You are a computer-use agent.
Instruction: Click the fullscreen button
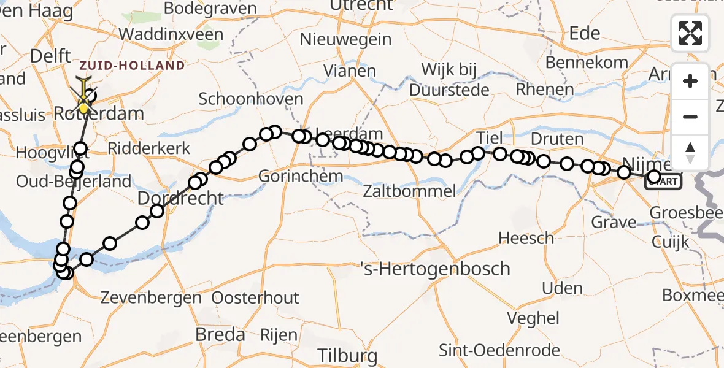[x=690, y=33]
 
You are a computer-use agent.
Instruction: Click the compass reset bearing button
[x=690, y=152]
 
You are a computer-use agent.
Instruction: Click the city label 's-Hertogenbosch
[x=436, y=269]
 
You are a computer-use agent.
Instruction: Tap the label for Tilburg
[x=347, y=356]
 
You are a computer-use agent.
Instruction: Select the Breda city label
[x=220, y=335]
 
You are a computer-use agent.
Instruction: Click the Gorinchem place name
[x=300, y=177]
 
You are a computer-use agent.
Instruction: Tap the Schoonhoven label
[x=251, y=99]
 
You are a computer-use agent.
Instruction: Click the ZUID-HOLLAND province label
[x=131, y=65]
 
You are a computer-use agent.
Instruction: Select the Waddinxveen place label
[x=171, y=34]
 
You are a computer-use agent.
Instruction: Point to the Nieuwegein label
[x=345, y=39]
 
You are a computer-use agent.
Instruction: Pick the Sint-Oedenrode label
[x=499, y=350]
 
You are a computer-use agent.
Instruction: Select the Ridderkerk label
[x=149, y=148]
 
